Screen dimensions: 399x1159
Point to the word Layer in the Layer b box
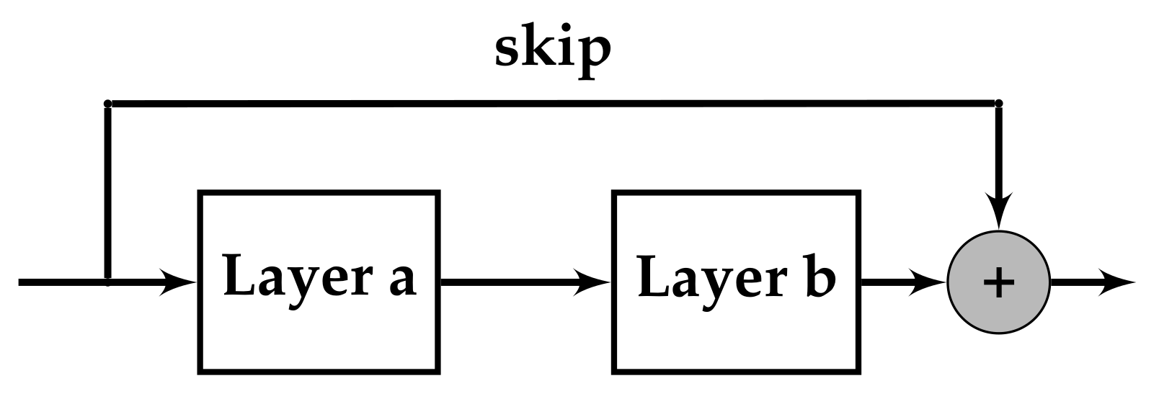(706, 277)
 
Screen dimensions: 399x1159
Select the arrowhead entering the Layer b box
(594, 282)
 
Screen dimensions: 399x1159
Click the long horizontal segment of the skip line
(553, 104)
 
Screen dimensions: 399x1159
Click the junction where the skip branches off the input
(107, 282)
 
